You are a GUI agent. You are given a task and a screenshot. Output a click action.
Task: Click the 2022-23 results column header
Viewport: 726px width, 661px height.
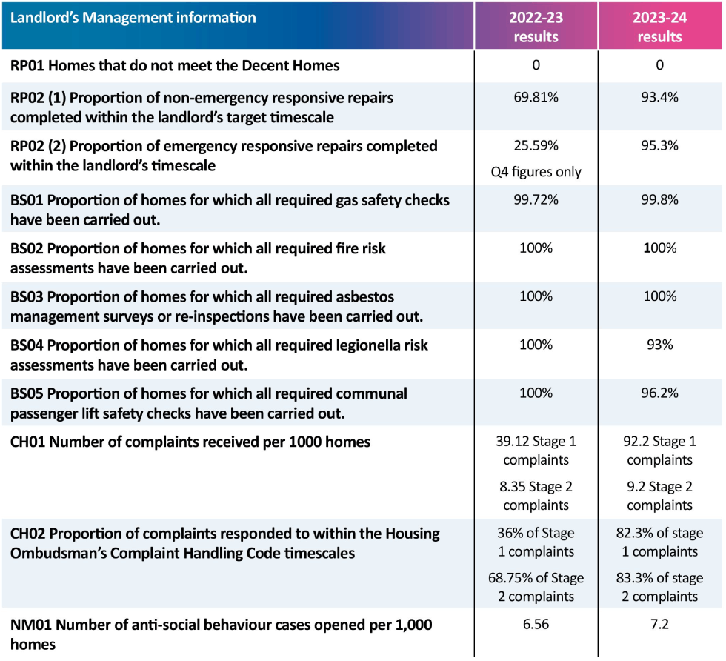[x=536, y=27]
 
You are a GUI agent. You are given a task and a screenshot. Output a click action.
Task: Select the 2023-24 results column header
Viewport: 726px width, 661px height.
[x=659, y=27]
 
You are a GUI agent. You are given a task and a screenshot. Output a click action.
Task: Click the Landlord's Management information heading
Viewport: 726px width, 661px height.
[x=133, y=18]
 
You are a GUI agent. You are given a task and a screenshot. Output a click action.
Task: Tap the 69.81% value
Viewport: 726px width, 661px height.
[x=536, y=98]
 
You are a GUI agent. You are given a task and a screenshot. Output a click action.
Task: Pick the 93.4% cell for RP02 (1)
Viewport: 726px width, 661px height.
[x=659, y=98]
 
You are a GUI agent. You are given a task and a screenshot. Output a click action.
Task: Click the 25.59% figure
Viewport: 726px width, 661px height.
[x=536, y=146]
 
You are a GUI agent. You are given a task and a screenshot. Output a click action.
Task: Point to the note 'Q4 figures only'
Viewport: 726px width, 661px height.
[x=536, y=172]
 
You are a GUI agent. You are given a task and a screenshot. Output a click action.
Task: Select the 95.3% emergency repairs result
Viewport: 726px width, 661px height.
[x=659, y=146]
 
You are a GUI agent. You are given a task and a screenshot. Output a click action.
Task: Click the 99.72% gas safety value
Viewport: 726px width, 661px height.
[x=536, y=200]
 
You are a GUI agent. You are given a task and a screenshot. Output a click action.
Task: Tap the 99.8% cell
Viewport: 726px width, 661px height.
[x=659, y=200]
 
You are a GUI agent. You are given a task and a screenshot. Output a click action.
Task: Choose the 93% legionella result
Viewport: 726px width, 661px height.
[x=659, y=345]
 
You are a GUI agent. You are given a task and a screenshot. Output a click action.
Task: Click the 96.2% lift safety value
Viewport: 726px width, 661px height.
[x=659, y=393]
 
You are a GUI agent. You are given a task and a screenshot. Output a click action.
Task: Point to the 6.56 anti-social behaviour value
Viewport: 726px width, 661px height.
[x=536, y=625]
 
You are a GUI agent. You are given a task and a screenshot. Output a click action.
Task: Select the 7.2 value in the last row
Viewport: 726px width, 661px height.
[x=659, y=625]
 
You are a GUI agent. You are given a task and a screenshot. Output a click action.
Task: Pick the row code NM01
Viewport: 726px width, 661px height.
[x=30, y=625]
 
